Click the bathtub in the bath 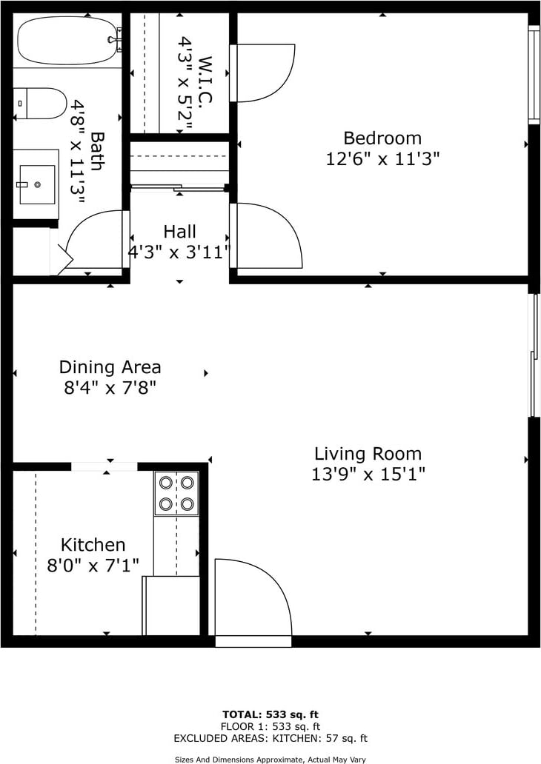(x=68, y=41)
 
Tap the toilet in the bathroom (x=39, y=104)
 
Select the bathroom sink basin (x=37, y=184)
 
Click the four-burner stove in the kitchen (x=176, y=493)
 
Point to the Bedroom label (x=382, y=138)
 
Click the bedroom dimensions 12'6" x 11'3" (x=383, y=159)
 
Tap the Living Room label (x=368, y=454)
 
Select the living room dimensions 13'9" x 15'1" (x=368, y=474)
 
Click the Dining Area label (x=110, y=367)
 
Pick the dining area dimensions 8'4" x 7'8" (x=110, y=388)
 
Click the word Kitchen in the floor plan (x=93, y=544)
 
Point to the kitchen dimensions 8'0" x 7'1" (x=93, y=565)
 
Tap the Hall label (x=179, y=232)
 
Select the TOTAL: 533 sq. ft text (x=270, y=715)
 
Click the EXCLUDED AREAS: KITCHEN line (x=270, y=739)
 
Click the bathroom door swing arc (x=93, y=238)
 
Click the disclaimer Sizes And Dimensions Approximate (x=270, y=759)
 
